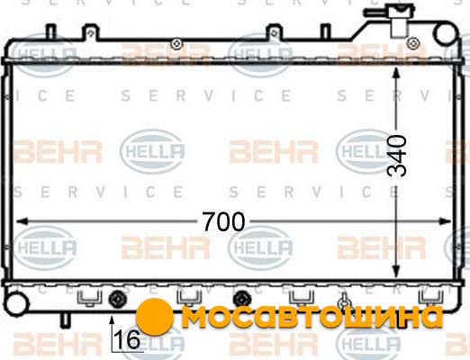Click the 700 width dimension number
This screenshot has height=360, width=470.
click(223, 222)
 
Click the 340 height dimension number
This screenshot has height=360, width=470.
click(397, 156)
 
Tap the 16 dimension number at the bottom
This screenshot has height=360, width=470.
click(128, 339)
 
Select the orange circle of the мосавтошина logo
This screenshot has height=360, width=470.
click(154, 317)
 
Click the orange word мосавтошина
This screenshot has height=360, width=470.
click(312, 317)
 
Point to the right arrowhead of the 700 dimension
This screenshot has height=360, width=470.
click(445, 221)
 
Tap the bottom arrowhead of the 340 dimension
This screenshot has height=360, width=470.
click(396, 272)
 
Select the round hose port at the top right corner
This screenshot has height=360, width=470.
click(446, 34)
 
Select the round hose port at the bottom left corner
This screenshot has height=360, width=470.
click(16, 303)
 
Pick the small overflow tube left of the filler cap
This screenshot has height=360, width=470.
click(376, 13)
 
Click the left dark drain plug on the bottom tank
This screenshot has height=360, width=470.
click(117, 299)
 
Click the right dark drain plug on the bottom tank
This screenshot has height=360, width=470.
click(242, 300)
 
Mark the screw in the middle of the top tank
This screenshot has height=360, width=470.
click(176, 44)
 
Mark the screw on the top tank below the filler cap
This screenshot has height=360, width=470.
click(413, 43)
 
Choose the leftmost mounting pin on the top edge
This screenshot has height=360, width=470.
click(51, 32)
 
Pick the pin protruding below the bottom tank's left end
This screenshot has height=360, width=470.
click(65, 319)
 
